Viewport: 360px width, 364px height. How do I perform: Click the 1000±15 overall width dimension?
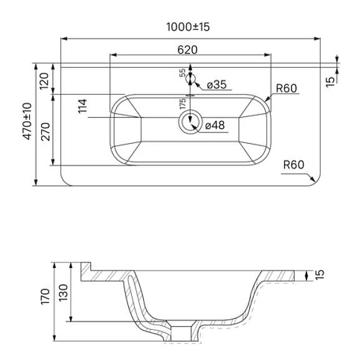(x=188, y=27)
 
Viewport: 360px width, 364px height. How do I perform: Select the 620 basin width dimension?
(x=187, y=50)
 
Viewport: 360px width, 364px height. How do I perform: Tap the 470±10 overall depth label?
(x=27, y=121)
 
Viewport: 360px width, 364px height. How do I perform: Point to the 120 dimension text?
(x=44, y=81)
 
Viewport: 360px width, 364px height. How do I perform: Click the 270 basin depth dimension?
(x=45, y=132)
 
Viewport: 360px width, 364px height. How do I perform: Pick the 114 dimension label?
(x=83, y=106)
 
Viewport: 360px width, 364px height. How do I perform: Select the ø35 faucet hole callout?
(x=216, y=85)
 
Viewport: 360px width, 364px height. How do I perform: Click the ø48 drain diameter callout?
(x=215, y=126)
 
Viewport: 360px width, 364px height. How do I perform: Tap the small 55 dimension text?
(x=183, y=73)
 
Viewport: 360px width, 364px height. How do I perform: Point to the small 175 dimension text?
(x=183, y=104)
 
